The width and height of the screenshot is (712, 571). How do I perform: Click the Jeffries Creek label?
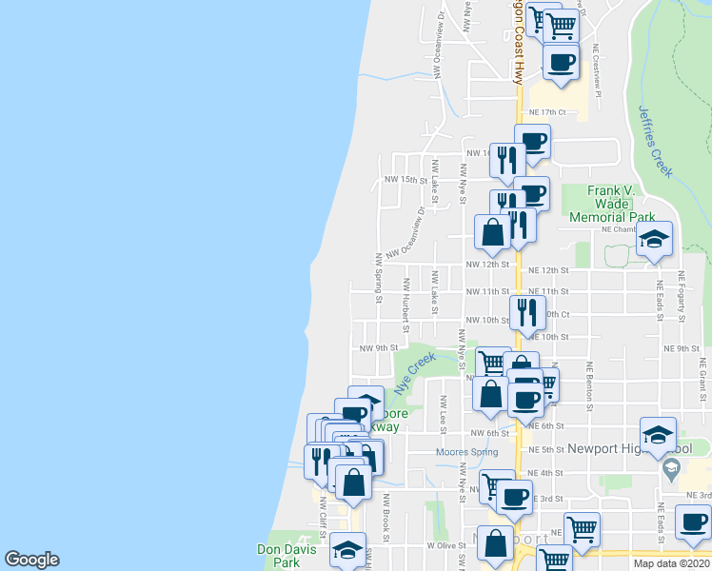[656, 141]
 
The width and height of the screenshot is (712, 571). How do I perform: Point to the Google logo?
[31, 560]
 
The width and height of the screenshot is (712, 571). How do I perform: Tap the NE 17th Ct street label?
[553, 111]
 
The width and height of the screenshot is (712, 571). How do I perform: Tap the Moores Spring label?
[466, 452]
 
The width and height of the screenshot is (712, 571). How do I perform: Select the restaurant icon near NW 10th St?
[526, 311]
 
